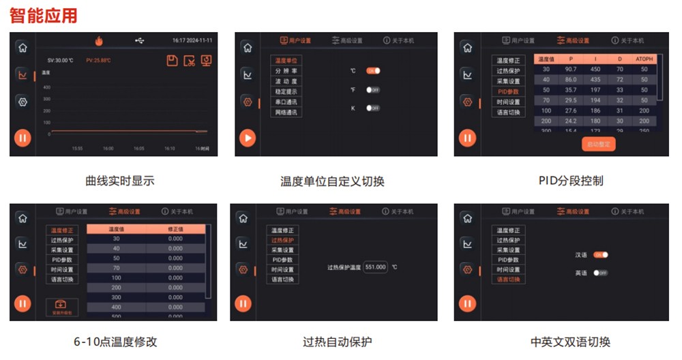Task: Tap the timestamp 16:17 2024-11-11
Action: point(193,41)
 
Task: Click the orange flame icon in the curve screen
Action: point(99,41)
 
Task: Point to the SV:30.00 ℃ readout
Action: point(61,60)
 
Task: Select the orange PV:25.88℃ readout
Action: point(98,60)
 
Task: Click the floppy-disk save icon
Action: point(172,61)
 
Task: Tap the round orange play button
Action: point(248,138)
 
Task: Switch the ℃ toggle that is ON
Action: point(373,71)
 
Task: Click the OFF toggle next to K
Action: point(373,108)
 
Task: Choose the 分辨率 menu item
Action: point(286,71)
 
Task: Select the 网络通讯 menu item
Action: point(286,112)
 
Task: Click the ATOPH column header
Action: point(644,59)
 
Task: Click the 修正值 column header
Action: point(175,229)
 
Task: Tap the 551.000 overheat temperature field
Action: point(375,267)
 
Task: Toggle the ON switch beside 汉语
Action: point(600,255)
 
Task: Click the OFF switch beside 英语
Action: point(600,273)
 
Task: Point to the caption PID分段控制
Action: point(570,181)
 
